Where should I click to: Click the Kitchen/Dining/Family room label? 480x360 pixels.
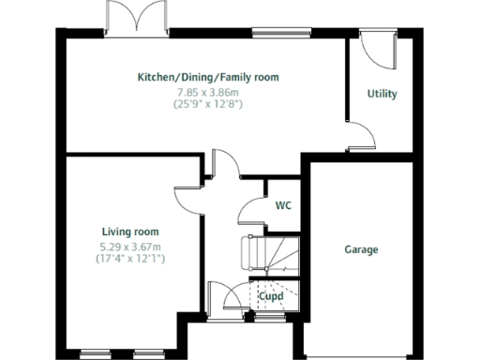[208, 77]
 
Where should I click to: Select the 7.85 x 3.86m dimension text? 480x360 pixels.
[208, 92]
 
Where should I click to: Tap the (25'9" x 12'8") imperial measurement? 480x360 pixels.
[208, 105]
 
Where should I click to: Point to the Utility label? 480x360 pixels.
[382, 94]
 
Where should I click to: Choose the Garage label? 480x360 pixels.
[361, 249]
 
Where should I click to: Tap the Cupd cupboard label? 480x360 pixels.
[272, 296]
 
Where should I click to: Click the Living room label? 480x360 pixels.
[130, 231]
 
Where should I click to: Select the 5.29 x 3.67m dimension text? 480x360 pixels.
[130, 246]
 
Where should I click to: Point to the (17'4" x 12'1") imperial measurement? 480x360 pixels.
[130, 259]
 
